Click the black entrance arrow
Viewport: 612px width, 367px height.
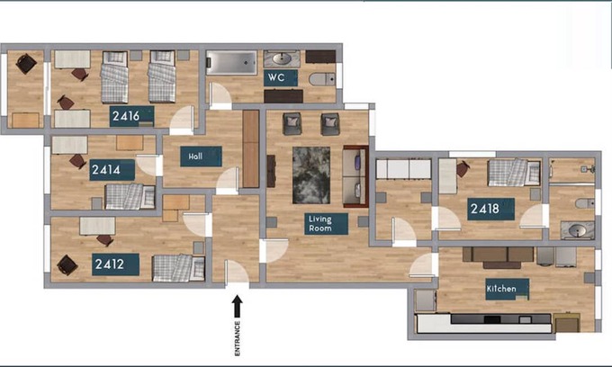coord(237,307)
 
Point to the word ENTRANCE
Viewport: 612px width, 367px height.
coord(238,338)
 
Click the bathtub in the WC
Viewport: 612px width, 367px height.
coord(231,62)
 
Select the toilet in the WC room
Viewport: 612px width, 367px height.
coord(321,79)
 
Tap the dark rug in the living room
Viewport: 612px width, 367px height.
coord(311,175)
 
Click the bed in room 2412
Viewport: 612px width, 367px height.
coord(179,267)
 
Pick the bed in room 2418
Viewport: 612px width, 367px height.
coord(514,172)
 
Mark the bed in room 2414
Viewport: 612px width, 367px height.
coord(130,197)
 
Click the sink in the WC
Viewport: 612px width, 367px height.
coord(282,58)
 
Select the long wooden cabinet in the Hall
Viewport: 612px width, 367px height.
coord(251,148)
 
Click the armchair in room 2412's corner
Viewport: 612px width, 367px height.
coord(67,265)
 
